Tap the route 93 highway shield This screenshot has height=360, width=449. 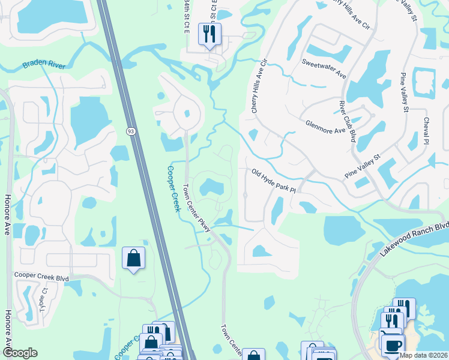tap(130, 130)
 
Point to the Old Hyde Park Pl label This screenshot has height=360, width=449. tap(274, 181)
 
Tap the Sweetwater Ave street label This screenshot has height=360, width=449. tap(324, 68)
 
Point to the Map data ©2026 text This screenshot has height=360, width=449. tap(424, 355)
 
